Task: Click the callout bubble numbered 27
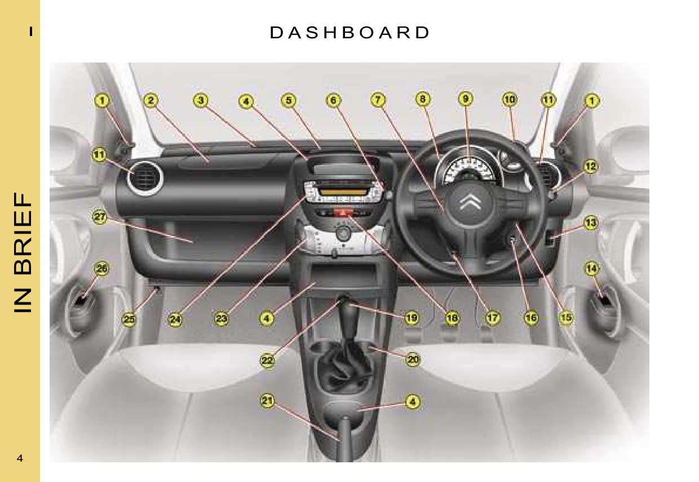point(100,219)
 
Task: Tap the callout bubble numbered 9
point(466,100)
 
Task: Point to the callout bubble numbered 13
point(590,222)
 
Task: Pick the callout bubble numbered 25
point(130,319)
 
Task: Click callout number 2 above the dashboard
point(150,101)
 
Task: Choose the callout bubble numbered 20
point(413,359)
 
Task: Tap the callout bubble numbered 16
point(530,318)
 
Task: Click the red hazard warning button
point(341,212)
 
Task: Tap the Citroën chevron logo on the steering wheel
point(470,202)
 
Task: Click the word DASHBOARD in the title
point(349,33)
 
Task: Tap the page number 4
point(20,458)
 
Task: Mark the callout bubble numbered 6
point(334,100)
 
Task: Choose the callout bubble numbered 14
point(591,269)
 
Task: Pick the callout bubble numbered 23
point(222,319)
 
